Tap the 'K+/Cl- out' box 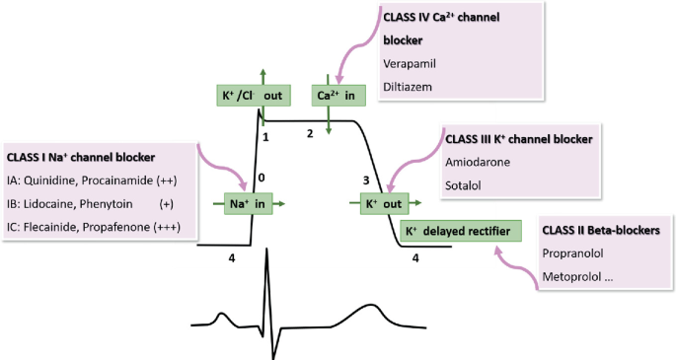point(252,95)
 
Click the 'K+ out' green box point(378,204)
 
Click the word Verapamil point(412,63)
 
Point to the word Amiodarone point(479,161)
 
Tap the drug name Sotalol point(463,183)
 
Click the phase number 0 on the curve point(262,179)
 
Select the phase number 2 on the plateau point(310,133)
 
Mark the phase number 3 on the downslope point(366,180)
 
